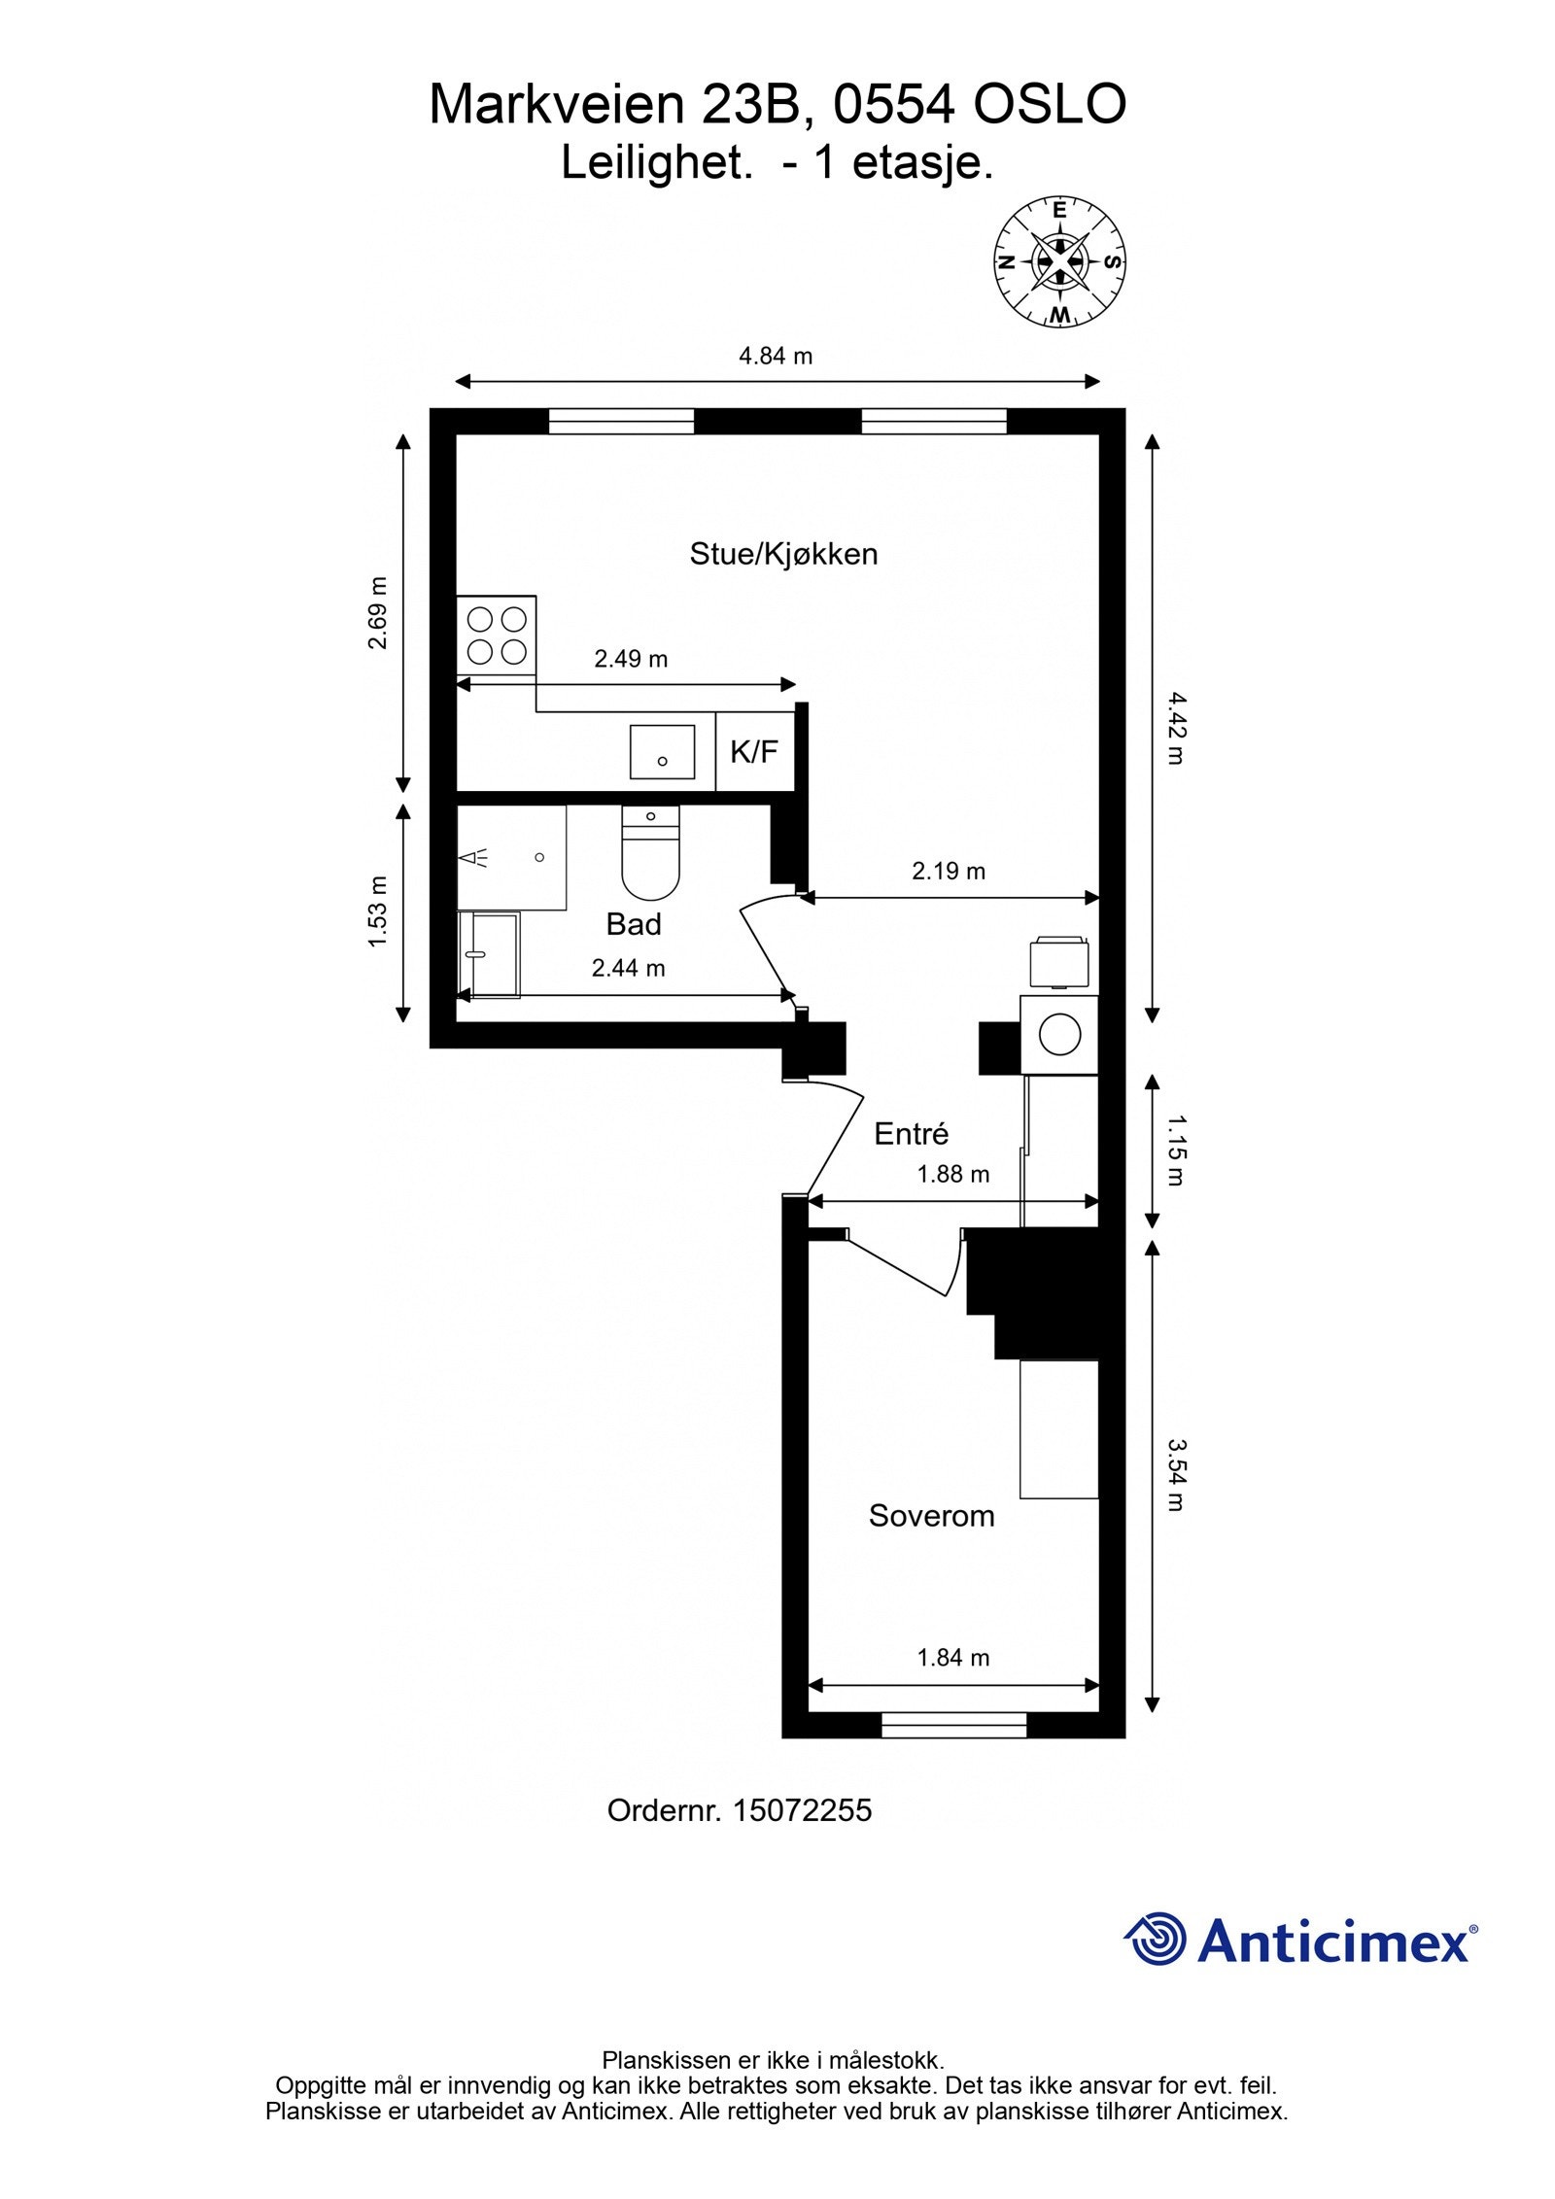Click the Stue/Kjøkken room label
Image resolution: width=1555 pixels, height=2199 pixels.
coord(783,554)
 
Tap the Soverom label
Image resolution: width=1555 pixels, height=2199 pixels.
coord(931,1516)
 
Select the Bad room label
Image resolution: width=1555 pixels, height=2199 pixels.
coord(634,924)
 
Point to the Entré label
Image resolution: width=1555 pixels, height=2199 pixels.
coord(911,1133)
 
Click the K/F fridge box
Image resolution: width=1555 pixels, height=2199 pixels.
coord(755,751)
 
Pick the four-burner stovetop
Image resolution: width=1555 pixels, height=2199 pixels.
coord(497,636)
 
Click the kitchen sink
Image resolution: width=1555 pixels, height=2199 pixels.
coord(662,752)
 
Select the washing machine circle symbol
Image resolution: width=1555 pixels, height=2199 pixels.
coord(1059,1034)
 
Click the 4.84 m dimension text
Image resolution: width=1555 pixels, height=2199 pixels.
coord(776,356)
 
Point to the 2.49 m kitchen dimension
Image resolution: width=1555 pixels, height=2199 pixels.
coord(631,659)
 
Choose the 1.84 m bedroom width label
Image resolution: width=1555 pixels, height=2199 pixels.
coord(953,1657)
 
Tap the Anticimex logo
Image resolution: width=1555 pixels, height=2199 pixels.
coord(1300,1941)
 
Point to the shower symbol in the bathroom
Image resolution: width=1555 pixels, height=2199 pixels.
coord(477,857)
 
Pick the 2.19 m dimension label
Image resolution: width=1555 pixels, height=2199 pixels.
coord(949,871)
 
